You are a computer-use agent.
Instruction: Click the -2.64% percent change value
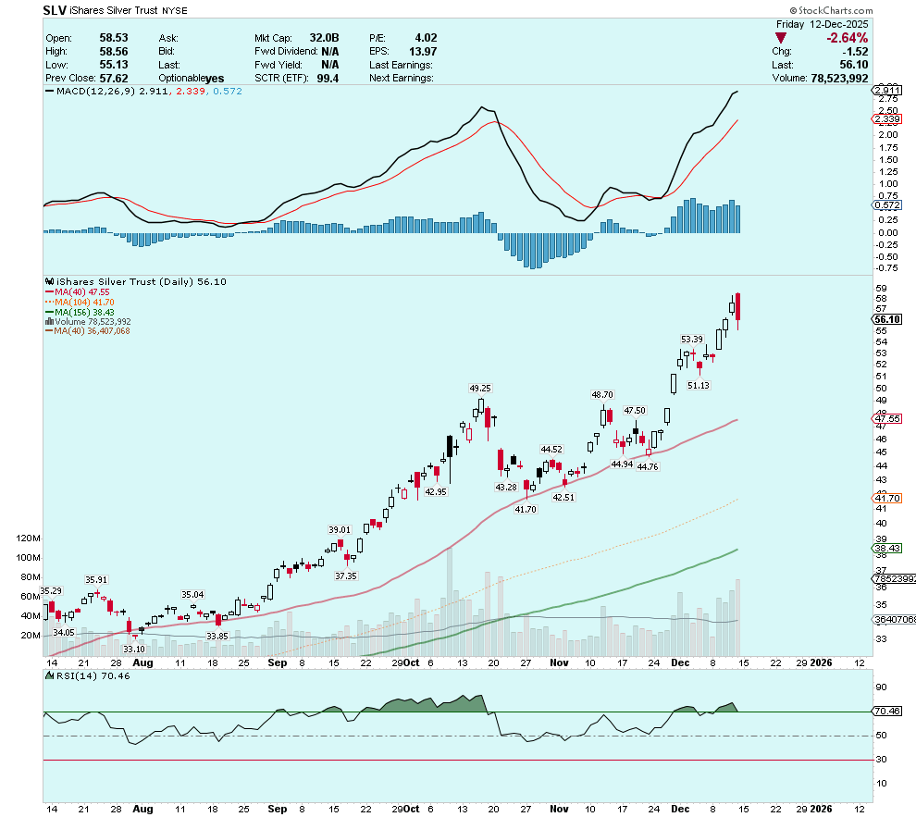848,38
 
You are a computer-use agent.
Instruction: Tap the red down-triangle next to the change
782,38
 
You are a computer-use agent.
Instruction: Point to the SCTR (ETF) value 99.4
328,79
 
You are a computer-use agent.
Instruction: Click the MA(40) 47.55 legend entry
83,291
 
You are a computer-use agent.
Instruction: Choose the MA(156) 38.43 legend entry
85,312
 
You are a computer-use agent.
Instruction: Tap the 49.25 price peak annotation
479,389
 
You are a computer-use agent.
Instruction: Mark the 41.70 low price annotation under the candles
525,510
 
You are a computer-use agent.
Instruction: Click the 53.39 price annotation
692,340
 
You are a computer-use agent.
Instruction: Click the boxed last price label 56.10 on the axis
887,319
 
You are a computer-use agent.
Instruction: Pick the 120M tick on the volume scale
28,538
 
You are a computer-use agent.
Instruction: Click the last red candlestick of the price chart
738,306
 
